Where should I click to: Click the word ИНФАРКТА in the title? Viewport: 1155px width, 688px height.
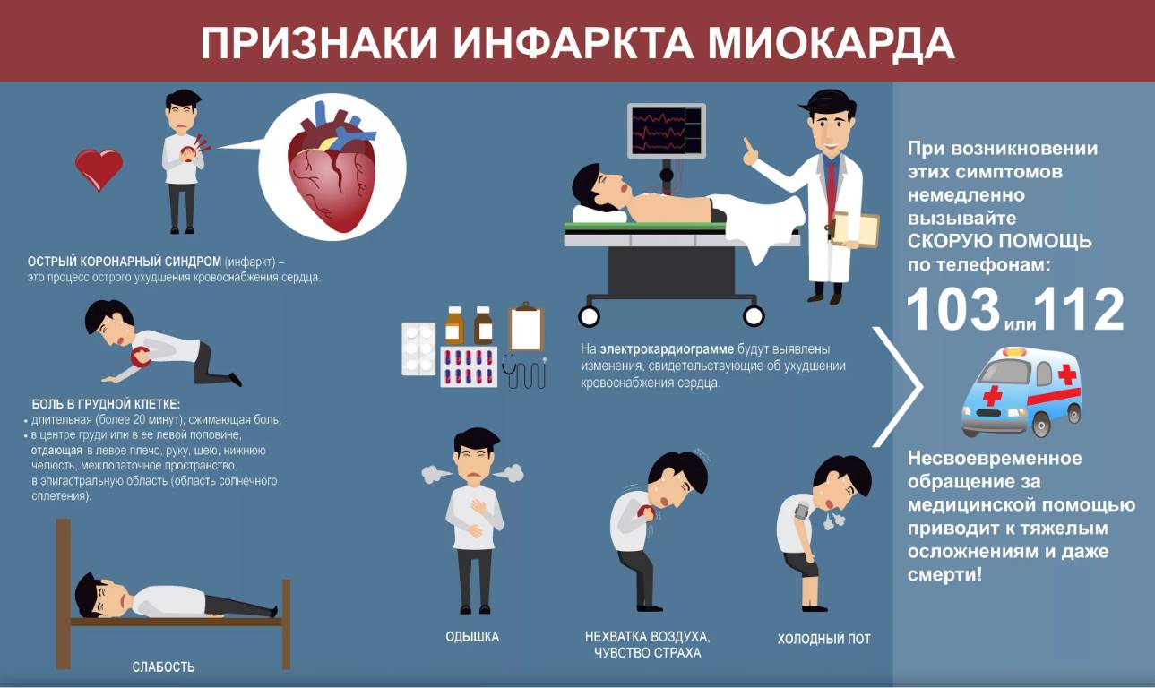573,43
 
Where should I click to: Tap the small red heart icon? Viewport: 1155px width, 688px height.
99,169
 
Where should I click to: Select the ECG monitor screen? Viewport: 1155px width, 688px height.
666,131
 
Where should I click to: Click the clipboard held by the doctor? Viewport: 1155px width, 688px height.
855,228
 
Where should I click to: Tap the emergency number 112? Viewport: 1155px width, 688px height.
1079,309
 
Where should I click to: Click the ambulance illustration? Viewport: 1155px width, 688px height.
1021,391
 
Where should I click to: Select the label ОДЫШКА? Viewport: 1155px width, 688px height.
472,637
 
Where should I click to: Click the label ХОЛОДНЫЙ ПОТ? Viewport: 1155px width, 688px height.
824,639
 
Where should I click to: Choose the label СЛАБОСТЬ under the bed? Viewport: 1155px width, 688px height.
163,666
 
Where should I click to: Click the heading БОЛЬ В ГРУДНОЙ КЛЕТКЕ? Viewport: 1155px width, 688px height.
106,404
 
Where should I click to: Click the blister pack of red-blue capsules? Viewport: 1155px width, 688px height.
469,366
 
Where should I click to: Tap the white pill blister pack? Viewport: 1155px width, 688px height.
418,348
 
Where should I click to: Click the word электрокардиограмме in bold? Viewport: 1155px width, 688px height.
667,348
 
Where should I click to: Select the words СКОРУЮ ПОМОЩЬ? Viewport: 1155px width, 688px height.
1000,241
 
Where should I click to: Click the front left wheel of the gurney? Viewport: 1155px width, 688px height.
589,316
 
